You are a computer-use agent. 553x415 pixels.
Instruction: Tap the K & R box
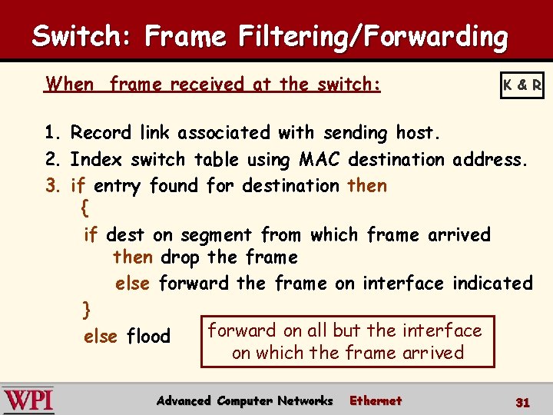coord(522,85)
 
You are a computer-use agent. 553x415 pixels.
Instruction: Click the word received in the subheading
coord(209,84)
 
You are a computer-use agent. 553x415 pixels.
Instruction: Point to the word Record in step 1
coord(102,133)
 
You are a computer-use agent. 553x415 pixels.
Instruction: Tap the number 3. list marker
coord(53,186)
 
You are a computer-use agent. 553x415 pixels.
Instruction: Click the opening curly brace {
coord(84,208)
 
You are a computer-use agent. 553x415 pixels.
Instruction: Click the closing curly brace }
coord(87,310)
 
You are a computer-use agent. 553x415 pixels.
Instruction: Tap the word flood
coord(148,337)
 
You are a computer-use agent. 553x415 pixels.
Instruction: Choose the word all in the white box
coord(317,330)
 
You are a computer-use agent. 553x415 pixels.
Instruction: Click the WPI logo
coord(28,400)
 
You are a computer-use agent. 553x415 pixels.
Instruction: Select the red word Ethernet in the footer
coord(376,400)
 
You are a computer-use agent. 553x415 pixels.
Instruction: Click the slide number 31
coord(523,402)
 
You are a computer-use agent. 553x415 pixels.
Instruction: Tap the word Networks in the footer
coord(305,400)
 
